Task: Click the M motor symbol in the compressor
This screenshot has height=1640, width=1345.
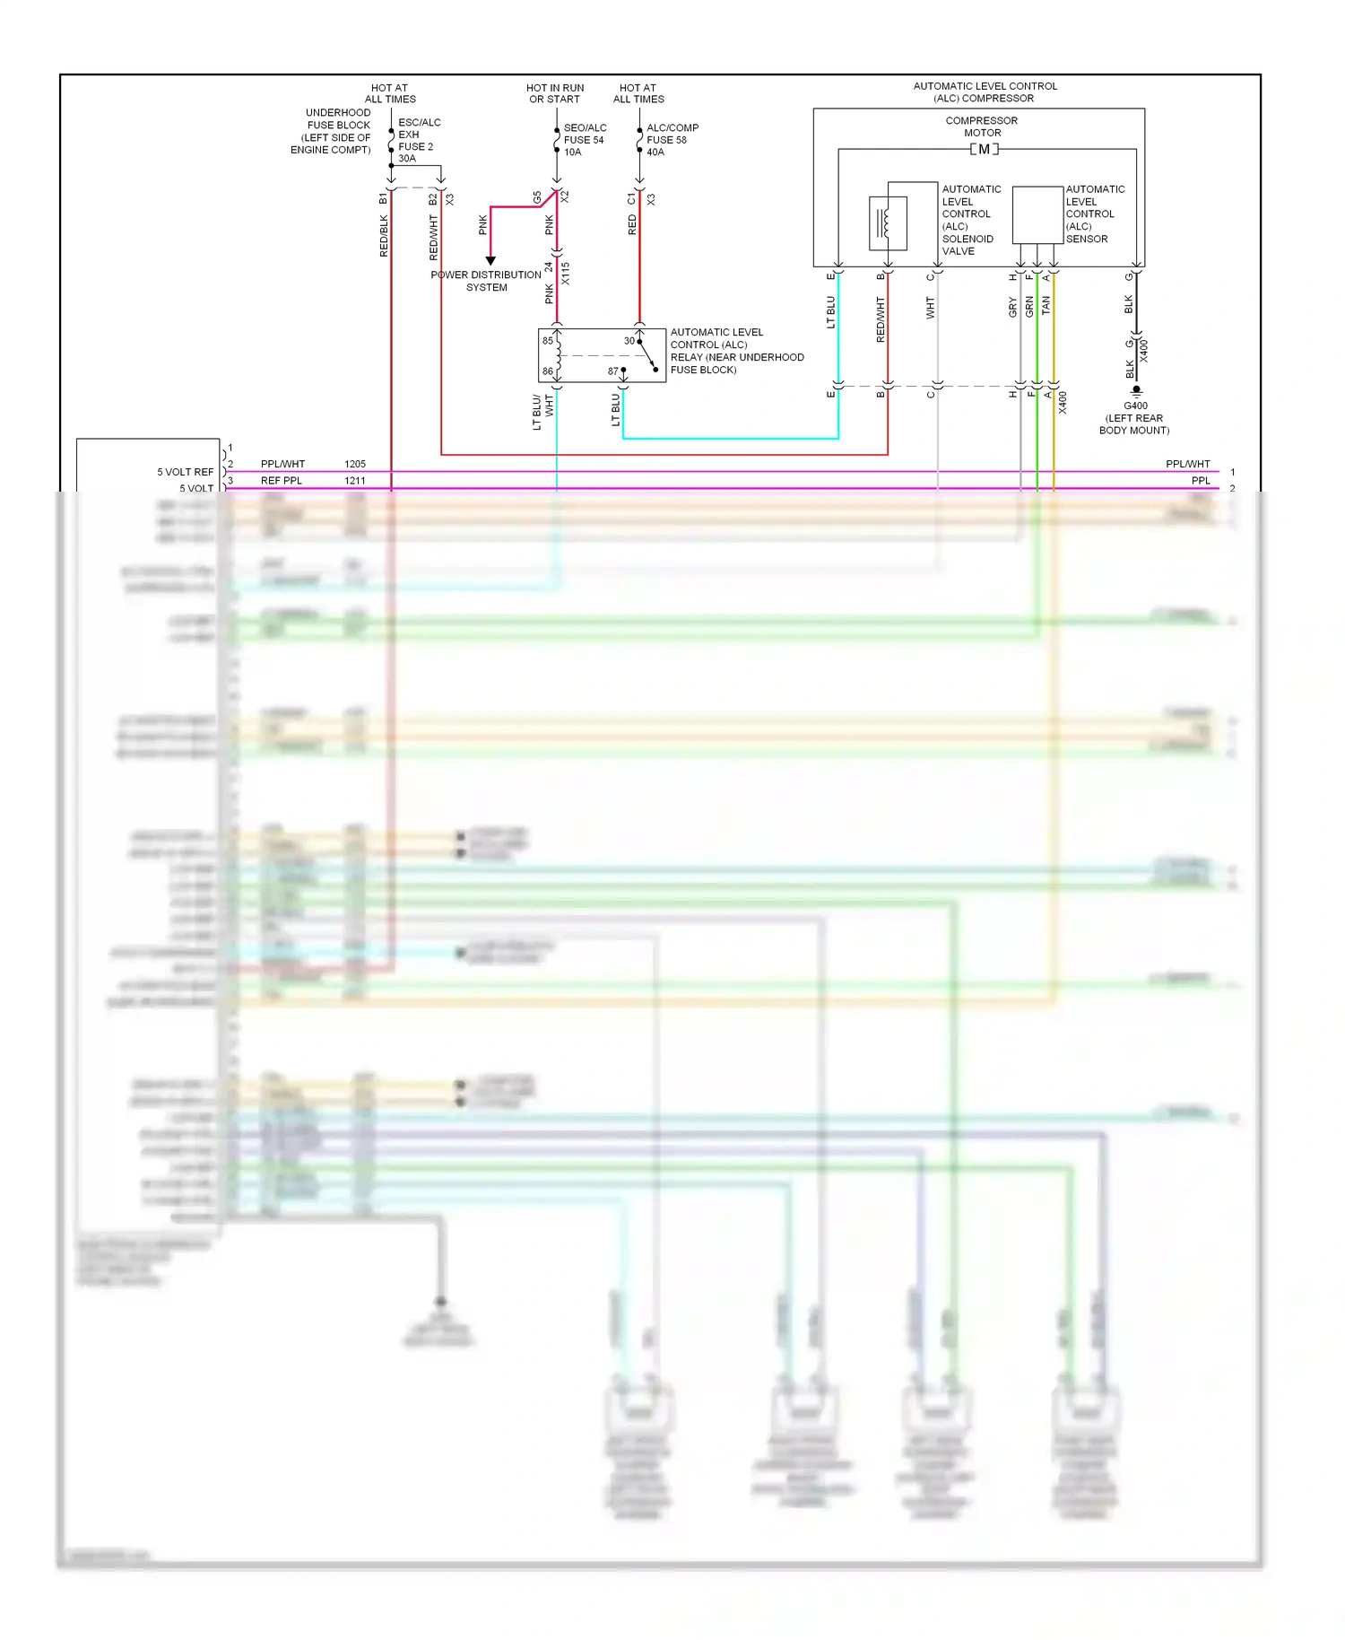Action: pos(984,149)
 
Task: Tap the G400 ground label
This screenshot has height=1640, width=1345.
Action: pos(1135,406)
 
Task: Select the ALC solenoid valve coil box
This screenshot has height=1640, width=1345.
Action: pos(888,222)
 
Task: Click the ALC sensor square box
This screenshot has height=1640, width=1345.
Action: pos(1037,215)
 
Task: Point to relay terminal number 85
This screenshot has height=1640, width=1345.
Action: pos(547,341)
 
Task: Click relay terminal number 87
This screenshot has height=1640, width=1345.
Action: pos(613,371)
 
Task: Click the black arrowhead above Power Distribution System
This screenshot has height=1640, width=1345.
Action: pos(490,260)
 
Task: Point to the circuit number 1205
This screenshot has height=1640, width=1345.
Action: pos(355,464)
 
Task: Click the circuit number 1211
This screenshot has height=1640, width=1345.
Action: pos(355,481)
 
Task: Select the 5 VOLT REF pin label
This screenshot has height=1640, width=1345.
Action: pos(186,472)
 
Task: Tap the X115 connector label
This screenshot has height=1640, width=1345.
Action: pos(566,274)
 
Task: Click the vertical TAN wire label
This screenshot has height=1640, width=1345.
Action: pos(1046,307)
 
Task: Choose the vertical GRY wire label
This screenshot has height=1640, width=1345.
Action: pos(1013,308)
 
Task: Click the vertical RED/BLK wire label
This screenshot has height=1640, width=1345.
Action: pos(384,236)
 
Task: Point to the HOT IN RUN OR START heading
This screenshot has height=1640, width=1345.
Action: pos(555,93)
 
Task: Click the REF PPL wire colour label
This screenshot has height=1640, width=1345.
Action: pos(282,481)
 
